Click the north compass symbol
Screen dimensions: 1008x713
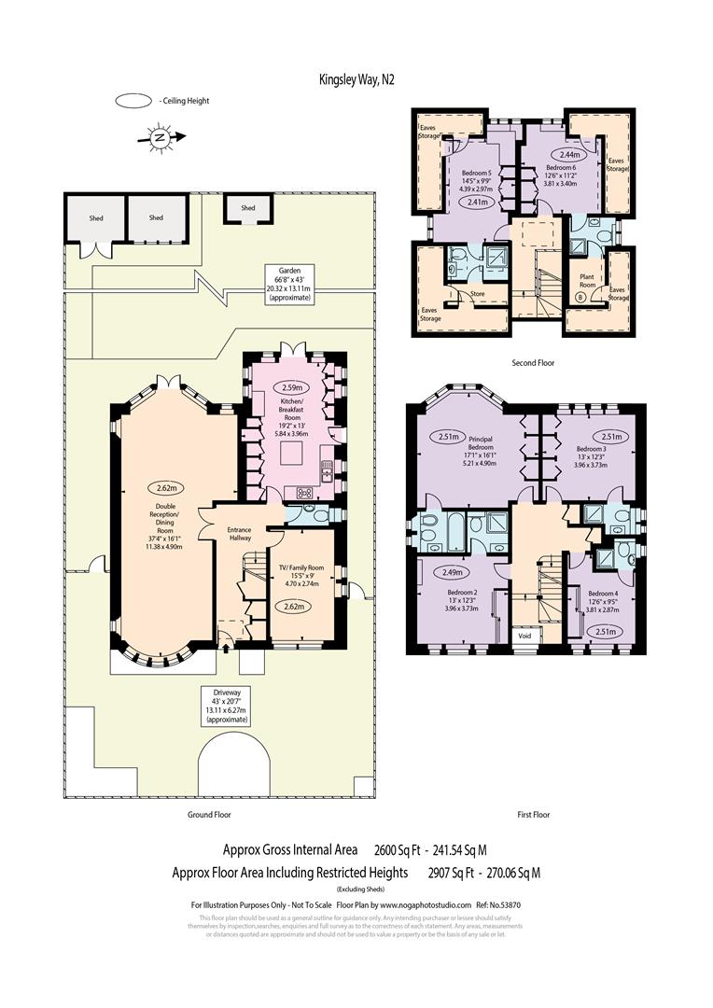coord(161,138)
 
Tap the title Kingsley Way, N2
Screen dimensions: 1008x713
coord(356,80)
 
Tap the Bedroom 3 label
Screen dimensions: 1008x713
coord(590,448)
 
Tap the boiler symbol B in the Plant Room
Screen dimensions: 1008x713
coord(580,297)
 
